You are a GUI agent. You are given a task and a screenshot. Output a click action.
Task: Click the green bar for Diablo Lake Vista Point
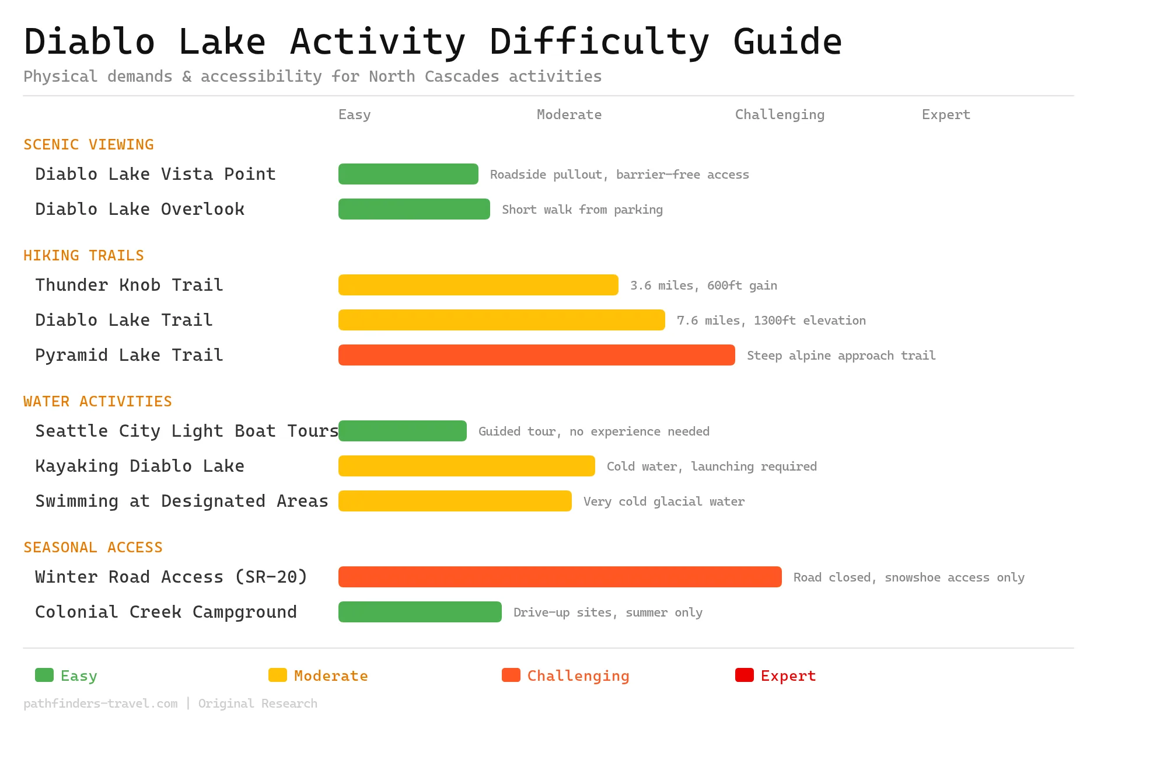408,174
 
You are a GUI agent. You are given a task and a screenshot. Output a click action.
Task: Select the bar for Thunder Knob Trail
478,285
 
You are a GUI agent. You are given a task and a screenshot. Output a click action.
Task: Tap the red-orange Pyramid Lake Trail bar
536,355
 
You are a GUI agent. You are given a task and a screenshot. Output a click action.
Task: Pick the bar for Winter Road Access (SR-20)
560,577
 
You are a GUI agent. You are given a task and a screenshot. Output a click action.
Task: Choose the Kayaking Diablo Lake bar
466,466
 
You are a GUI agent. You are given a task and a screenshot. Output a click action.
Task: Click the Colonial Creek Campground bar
420,612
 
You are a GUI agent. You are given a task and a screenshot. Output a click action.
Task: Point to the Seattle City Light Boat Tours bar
403,431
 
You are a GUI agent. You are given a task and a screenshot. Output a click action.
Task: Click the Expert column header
946,114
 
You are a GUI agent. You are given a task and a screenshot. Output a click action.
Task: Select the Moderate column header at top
569,114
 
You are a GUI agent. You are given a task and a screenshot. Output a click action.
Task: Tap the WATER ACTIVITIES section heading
97,402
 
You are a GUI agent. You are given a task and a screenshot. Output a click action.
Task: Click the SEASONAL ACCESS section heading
93,548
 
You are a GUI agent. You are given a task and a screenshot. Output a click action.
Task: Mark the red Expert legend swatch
744,675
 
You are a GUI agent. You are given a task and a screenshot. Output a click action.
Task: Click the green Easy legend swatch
44,675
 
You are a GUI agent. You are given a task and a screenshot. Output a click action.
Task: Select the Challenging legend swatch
511,675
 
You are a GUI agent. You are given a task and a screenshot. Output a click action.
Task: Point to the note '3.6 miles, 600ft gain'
703,286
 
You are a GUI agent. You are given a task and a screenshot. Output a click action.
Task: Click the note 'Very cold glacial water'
663,502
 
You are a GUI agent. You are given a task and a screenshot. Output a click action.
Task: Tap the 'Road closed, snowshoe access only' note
909,577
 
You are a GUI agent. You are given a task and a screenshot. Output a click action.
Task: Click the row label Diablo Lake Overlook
139,209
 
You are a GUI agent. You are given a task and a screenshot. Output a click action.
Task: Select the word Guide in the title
787,42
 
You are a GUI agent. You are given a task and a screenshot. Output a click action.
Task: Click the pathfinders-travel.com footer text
100,704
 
